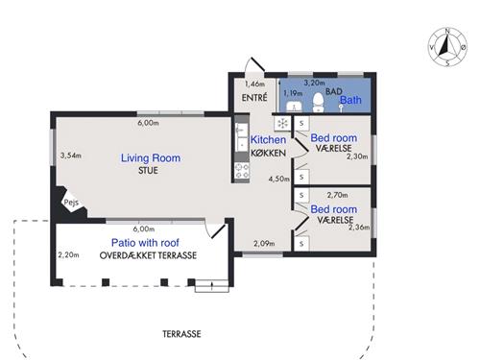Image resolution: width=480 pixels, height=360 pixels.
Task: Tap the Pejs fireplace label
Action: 70,204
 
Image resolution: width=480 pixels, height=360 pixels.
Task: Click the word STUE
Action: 147,171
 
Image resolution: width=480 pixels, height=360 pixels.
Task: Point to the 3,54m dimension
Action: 71,155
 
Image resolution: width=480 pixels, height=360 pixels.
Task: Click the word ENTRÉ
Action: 252,99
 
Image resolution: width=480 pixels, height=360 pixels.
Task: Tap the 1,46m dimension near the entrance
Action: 255,85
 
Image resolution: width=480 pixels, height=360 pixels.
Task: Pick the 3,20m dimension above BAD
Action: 314,84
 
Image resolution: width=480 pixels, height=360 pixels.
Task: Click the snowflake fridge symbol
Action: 283,124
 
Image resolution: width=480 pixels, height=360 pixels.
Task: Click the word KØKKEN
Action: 268,154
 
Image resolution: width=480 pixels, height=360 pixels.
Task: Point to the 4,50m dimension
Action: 278,179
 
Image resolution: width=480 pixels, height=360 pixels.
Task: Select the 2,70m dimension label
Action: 336,195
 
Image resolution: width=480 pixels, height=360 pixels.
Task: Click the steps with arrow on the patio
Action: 207,285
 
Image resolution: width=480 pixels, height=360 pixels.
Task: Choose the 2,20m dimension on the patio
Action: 68,255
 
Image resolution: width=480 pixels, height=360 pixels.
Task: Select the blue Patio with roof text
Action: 149,244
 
